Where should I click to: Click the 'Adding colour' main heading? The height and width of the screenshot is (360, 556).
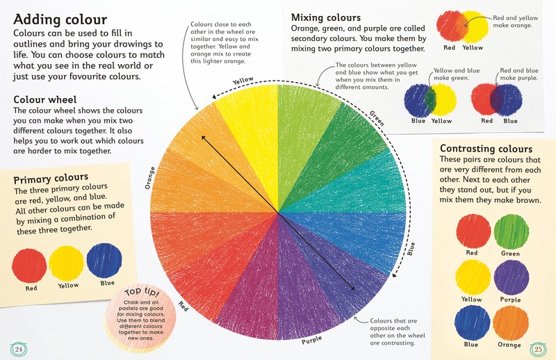click(60, 19)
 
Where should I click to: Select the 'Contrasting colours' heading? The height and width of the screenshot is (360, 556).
click(486, 149)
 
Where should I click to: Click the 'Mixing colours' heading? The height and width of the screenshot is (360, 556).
click(326, 16)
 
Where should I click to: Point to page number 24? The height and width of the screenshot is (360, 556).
click(19, 347)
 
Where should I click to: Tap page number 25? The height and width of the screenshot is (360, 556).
click(537, 347)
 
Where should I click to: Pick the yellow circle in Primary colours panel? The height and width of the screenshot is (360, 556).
click(68, 263)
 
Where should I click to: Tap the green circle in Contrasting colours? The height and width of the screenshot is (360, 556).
click(511, 231)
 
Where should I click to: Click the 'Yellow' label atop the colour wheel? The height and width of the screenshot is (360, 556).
click(243, 81)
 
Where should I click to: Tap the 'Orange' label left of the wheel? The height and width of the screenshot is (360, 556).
click(149, 177)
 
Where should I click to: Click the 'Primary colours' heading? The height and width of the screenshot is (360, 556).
click(51, 177)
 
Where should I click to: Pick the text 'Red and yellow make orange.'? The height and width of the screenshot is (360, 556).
click(512, 20)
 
